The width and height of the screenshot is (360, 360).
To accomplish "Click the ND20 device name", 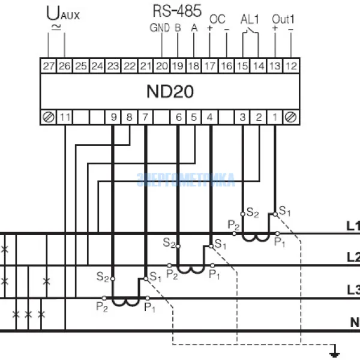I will [170, 91].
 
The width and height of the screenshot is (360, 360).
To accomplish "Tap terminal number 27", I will [48, 64].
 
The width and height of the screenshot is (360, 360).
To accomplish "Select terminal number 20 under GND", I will [161, 64].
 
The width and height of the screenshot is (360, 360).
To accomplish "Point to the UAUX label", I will [62, 13].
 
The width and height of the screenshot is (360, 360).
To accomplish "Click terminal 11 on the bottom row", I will [65, 117].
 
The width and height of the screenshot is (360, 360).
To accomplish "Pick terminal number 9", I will [113, 117].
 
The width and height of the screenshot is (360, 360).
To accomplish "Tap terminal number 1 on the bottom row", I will [275, 117].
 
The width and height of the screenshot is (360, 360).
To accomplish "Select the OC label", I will [218, 18].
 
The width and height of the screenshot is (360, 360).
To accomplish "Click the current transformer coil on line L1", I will [256, 238].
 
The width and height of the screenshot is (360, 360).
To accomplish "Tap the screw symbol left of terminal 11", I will [48, 117].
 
